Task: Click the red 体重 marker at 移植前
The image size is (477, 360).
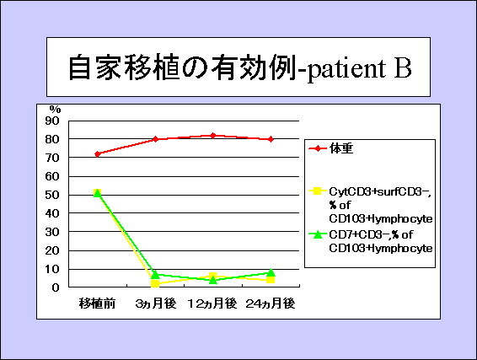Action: click(x=98, y=154)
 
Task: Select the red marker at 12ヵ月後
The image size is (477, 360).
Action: click(x=213, y=136)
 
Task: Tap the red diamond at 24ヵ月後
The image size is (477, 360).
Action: click(x=271, y=139)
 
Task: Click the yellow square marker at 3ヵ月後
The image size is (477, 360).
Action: click(x=155, y=283)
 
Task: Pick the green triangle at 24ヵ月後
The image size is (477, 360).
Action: click(x=271, y=272)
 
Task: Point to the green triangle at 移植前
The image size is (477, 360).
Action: click(x=98, y=193)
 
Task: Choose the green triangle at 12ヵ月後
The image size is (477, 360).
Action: click(x=213, y=280)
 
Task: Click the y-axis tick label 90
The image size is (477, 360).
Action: click(x=52, y=121)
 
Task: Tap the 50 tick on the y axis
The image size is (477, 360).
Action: click(x=52, y=195)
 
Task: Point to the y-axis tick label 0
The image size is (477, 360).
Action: click(x=56, y=287)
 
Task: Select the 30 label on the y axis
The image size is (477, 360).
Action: click(x=52, y=232)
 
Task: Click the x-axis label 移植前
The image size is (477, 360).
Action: click(x=98, y=304)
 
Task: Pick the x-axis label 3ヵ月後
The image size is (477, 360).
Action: click(x=156, y=304)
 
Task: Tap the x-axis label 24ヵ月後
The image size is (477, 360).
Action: click(x=271, y=304)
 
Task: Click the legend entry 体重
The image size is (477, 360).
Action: click(x=341, y=148)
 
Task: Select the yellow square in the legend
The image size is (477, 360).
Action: click(x=318, y=191)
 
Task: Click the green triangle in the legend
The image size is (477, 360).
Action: click(x=318, y=234)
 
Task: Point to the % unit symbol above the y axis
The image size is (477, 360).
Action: click(x=55, y=110)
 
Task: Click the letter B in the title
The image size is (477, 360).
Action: click(x=403, y=67)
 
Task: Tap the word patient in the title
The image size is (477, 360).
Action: click(x=346, y=69)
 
